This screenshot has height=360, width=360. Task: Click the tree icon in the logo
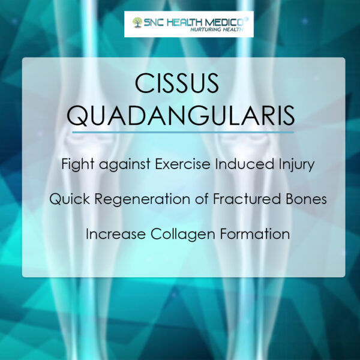click(137, 23)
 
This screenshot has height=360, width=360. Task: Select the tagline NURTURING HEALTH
click(217, 29)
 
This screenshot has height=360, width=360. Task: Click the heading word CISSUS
click(177, 83)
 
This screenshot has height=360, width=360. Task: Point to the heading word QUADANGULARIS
click(181, 116)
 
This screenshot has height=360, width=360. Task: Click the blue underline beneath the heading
click(183, 133)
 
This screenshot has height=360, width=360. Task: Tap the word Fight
click(78, 164)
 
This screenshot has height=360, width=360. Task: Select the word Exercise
click(183, 164)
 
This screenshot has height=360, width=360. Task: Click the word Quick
click(70, 199)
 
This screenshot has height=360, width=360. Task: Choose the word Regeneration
click(142, 200)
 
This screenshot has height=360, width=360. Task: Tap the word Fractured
click(247, 199)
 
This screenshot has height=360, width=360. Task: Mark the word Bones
click(306, 199)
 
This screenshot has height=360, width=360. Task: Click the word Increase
click(116, 234)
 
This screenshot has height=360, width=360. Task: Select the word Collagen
click(183, 235)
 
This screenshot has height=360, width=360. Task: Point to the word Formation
click(255, 234)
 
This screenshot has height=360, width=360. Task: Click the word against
click(125, 165)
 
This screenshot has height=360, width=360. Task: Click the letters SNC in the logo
click(154, 23)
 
